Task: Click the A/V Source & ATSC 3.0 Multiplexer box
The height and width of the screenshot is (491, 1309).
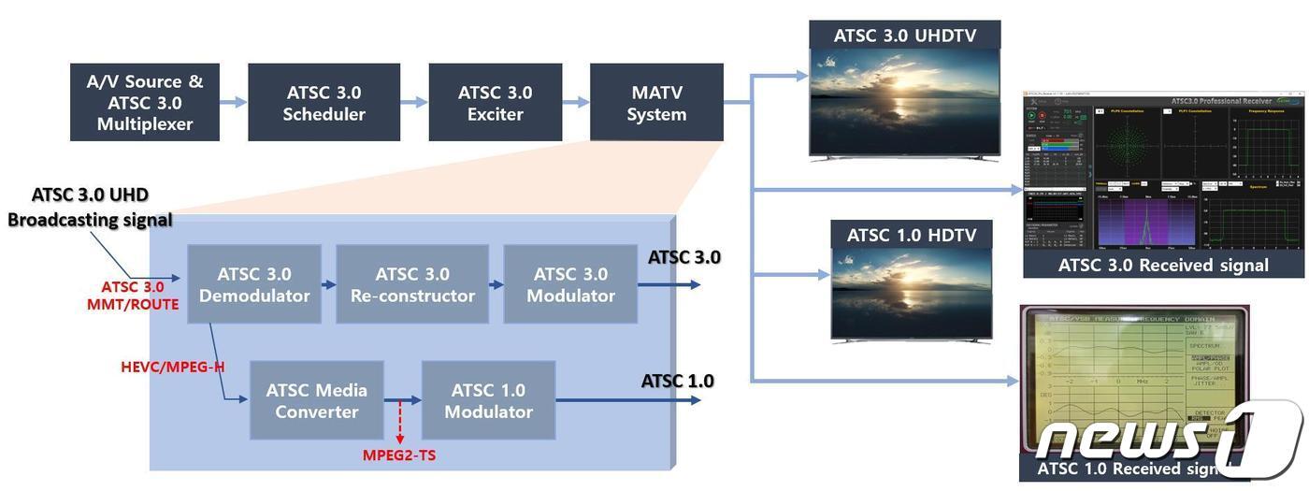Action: tap(145, 103)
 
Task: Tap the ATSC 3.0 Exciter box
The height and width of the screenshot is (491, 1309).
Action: tap(495, 103)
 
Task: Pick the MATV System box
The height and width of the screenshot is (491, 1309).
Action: tap(656, 103)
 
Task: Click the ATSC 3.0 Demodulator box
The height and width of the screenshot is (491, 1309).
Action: tap(253, 284)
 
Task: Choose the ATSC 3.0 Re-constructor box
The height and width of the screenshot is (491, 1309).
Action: tap(412, 284)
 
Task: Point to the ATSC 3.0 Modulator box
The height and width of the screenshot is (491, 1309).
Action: tap(570, 284)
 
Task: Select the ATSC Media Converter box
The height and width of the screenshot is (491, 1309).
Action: tap(316, 400)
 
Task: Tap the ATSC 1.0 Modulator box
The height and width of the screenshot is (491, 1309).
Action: tap(488, 400)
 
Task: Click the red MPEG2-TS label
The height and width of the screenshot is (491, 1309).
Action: tap(399, 455)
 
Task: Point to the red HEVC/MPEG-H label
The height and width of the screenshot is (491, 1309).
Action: tap(173, 367)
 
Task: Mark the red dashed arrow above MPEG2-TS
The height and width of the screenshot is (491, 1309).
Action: tap(400, 422)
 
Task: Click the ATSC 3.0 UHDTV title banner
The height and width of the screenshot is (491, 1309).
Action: tap(904, 36)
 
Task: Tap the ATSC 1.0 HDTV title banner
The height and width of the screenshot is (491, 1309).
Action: tap(911, 235)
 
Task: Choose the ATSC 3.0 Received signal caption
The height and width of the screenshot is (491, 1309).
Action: tap(1163, 265)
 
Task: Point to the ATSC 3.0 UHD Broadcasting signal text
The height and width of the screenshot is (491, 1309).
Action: tap(90, 208)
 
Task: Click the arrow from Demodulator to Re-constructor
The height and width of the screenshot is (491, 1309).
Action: tap(328, 284)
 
